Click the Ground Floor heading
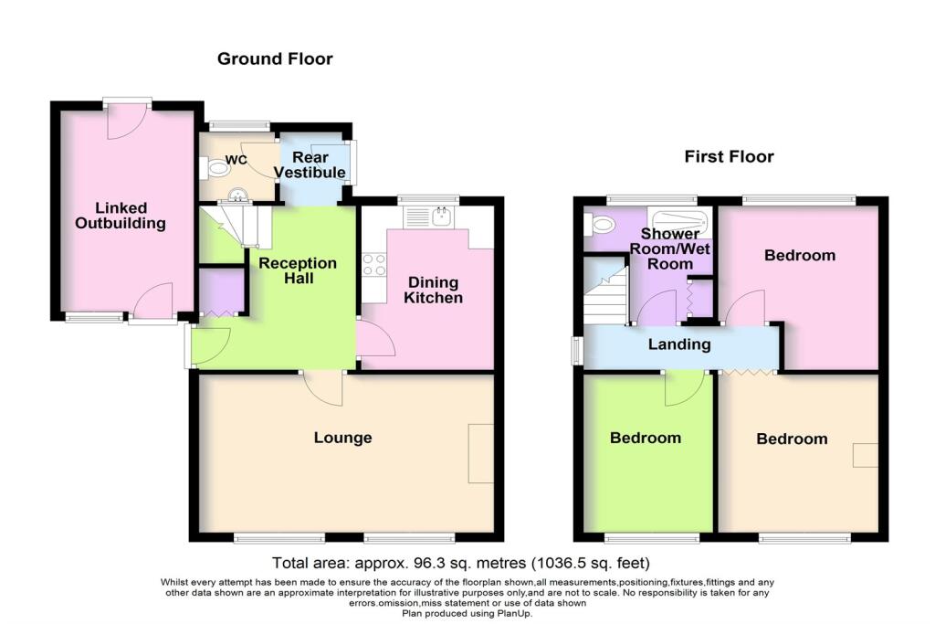coord(275,59)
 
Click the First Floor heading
coord(729,157)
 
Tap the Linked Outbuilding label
coord(121,216)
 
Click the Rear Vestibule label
coord(311,165)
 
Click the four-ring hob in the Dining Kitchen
coord(374,264)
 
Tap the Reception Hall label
coord(298,270)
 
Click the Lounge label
coord(342,438)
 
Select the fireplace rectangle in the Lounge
coord(480,453)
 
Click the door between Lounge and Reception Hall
coord(324,388)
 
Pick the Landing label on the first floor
coord(678,344)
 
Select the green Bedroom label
coord(645,438)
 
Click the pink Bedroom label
coord(799,255)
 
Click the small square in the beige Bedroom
coord(865,455)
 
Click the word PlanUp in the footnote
coord(512,613)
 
